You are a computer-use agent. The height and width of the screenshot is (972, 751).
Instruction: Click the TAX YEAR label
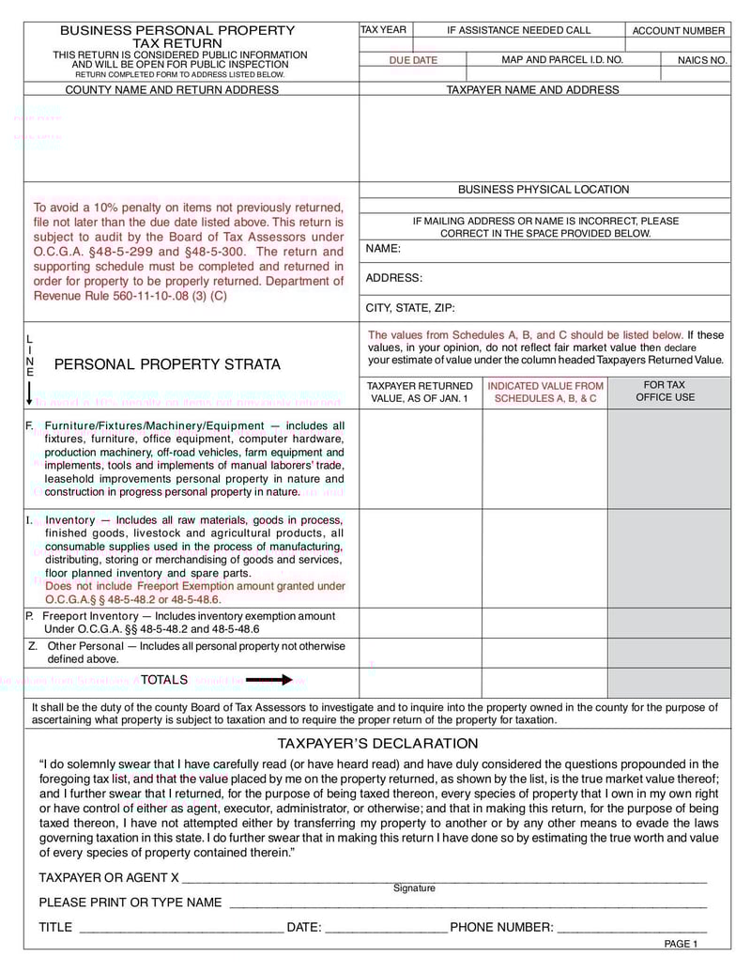pos(384,30)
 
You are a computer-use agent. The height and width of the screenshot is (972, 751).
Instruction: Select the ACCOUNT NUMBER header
pos(678,31)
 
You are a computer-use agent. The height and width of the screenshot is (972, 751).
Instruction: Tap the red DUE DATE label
pos(413,60)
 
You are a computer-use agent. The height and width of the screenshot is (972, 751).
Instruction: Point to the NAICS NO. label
pos(701,60)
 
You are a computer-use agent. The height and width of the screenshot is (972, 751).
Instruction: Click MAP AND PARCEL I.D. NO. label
pos(562,60)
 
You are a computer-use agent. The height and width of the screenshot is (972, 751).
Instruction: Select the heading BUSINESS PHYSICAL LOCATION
pos(544,190)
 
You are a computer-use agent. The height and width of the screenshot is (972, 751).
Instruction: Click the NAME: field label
pos(383,249)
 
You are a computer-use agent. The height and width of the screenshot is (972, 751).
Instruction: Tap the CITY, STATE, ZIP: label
pos(410,307)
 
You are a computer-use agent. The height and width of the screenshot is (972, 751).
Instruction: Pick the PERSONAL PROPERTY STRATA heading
pos(167,364)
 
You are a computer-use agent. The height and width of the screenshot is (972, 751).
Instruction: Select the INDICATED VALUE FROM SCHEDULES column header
pos(545,392)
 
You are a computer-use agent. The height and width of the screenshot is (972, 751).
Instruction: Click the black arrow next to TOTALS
pos(269,680)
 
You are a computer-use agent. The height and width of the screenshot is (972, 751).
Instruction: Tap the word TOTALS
pos(164,680)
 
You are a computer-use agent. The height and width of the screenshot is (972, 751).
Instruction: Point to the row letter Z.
pos(33,646)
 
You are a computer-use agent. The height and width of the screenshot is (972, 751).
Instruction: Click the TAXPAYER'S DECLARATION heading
pos(377,744)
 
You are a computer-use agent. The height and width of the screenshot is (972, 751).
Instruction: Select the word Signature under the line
pos(414,888)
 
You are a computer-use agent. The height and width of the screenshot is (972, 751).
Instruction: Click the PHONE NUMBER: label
pos(501,927)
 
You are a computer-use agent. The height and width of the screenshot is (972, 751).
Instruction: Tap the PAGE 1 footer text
pos(681,944)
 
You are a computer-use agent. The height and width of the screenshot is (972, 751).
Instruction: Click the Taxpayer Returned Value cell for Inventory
pos(421,558)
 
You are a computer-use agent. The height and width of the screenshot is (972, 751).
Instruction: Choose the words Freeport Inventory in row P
pos(90,616)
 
